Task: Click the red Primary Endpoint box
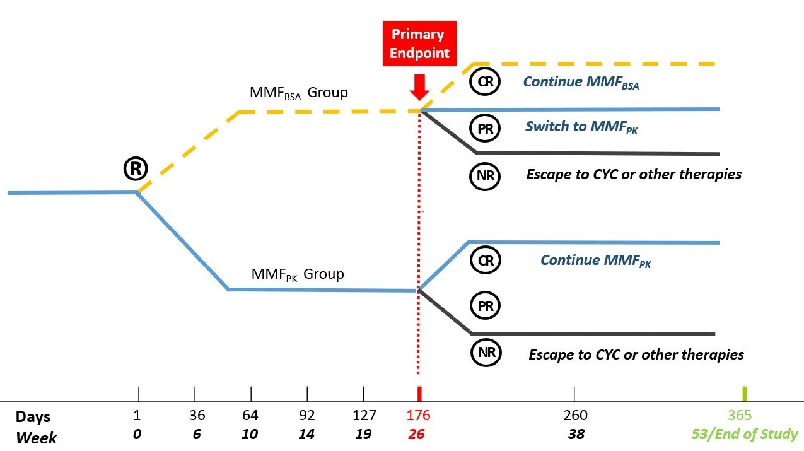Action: click(419, 44)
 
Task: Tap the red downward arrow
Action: click(419, 86)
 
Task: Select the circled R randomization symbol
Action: click(135, 168)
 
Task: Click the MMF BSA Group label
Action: click(298, 93)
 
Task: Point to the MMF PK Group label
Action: click(298, 274)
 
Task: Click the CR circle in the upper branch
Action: click(485, 81)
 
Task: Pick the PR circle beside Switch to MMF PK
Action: click(485, 129)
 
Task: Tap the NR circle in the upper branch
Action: click(485, 175)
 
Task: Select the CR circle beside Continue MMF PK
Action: click(485, 260)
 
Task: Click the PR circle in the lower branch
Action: click(485, 306)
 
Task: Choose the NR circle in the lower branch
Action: click(486, 352)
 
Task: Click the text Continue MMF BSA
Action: click(581, 82)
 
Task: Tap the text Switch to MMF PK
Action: click(581, 127)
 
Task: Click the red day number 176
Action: click(419, 416)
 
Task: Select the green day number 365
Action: click(740, 416)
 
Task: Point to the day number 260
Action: click(575, 416)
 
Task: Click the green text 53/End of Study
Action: click(743, 435)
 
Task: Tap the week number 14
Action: click(307, 435)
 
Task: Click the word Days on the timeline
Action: click(33, 416)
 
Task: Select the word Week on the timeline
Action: click(36, 436)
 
